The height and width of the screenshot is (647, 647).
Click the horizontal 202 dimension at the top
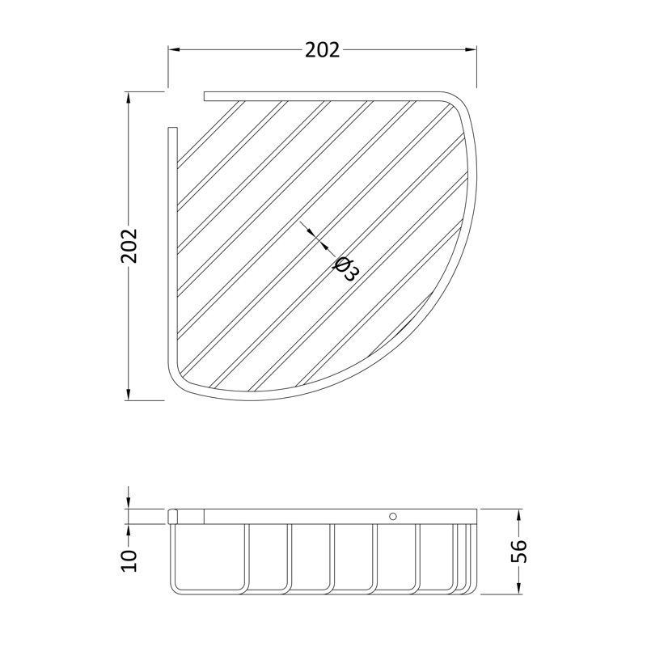coord(322,50)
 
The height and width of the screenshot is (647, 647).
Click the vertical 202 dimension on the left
coord(129,246)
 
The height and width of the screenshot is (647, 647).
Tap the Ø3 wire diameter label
coord(346,269)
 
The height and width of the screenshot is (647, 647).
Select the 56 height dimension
coord(518,552)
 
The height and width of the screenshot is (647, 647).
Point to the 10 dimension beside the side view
coord(129,560)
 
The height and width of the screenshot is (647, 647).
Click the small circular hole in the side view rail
coord(393,516)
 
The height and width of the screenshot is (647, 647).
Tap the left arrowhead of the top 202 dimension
coord(174,50)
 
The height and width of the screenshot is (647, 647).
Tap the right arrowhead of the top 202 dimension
coord(471,50)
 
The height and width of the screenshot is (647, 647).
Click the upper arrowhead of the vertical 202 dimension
coord(129,98)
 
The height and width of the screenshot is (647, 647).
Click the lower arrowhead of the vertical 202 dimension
coord(129,394)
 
